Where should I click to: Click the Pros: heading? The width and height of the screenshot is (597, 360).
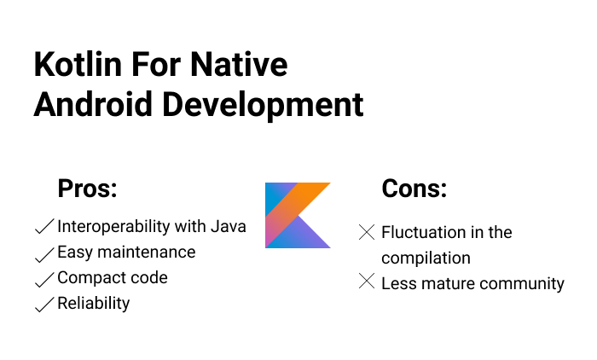87,189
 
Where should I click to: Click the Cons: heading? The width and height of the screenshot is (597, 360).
414,189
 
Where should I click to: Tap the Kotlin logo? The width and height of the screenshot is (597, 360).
298,215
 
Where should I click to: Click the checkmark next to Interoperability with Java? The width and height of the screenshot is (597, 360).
43,227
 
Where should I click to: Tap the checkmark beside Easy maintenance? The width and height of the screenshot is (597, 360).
43,253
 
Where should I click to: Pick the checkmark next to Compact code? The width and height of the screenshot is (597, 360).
43,279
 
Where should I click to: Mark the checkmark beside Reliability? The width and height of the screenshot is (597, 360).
43,305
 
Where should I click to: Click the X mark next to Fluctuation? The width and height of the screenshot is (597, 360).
367,231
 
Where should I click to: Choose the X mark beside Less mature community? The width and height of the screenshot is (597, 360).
367,282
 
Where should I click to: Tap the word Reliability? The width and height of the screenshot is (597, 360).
94,304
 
